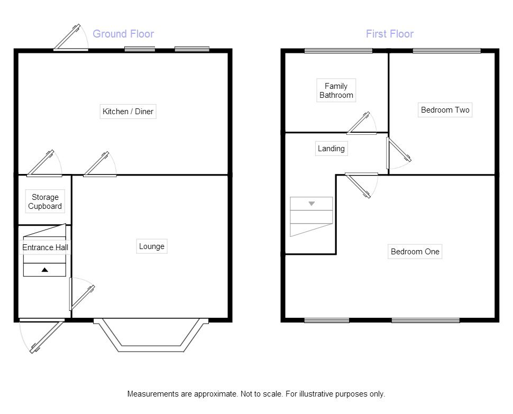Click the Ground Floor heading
point(123,34)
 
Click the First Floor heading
point(390,34)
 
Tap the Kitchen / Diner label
point(128,112)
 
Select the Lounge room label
point(152,246)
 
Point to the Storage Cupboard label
point(45,201)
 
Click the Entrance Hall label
point(45,247)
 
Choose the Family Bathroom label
point(336,90)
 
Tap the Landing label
point(331,149)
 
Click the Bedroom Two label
point(445,110)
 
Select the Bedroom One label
point(415,252)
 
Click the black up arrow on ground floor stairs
point(45,270)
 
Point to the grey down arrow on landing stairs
point(312,204)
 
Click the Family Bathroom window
point(338,51)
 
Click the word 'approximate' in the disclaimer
point(215,394)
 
